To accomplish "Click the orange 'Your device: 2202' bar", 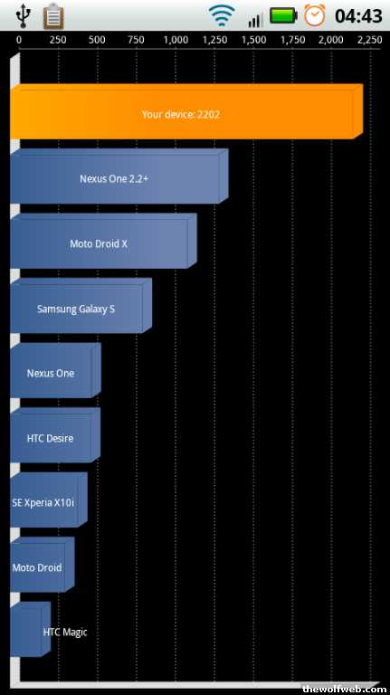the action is click(186, 111).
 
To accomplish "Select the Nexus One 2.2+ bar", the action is click(119, 176).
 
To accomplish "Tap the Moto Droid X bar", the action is click(103, 241).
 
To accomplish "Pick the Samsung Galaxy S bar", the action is click(81, 306).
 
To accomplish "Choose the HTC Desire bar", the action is click(55, 435).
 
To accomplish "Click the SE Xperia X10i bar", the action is click(48, 500).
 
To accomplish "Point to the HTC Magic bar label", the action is click(65, 632).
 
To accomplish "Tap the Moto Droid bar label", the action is click(37, 567).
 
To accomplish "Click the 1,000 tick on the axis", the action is click(176, 41).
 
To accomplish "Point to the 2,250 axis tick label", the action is click(369, 41).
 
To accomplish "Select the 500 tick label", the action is click(97, 41).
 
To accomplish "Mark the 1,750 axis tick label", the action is click(292, 41).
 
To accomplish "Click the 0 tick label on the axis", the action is click(19, 41).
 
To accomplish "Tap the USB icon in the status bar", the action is click(22, 15).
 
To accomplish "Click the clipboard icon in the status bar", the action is click(53, 15).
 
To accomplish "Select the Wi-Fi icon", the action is click(222, 16).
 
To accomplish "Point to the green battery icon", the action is click(283, 16).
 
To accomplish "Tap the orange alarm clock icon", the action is click(315, 15).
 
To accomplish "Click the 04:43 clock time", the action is click(358, 16).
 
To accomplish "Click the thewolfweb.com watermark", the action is click(344, 689).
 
